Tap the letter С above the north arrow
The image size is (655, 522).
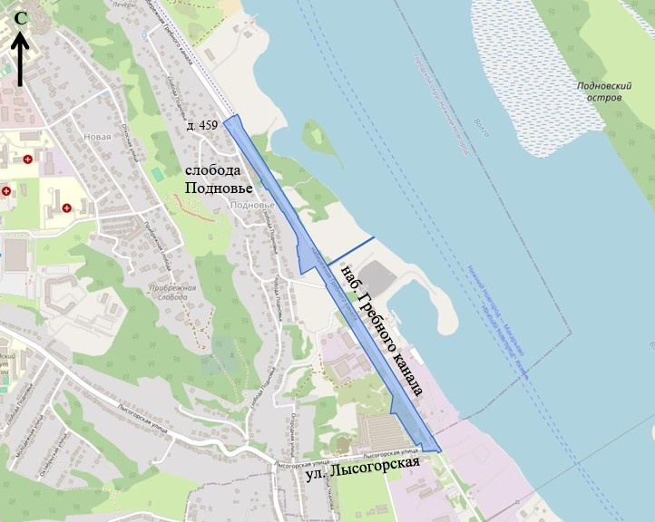20,15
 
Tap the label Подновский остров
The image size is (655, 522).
600,91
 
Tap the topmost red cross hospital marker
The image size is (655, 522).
28,159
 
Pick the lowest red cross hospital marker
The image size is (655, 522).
67,208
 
